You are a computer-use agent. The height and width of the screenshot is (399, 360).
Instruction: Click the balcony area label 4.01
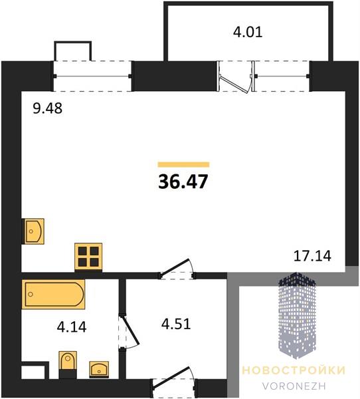248,33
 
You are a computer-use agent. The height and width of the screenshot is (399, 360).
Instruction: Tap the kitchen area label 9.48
48,108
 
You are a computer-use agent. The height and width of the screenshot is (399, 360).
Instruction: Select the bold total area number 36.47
183,182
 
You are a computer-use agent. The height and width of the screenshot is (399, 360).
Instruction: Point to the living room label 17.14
312,256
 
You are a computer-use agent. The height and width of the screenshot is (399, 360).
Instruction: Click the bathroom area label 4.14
72,327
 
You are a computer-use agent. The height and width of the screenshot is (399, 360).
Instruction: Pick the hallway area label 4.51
176,325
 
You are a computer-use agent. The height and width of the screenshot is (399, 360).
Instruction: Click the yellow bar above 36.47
183,164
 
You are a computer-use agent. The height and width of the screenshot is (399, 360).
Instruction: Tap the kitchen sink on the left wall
34,231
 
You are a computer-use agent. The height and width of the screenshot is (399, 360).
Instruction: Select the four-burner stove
88,257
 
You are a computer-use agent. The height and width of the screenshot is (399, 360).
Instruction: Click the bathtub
53,294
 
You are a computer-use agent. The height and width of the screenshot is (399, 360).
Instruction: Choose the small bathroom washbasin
99,370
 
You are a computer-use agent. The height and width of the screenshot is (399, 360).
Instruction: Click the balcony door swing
235,80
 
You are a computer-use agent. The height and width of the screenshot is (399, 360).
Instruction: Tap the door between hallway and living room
177,269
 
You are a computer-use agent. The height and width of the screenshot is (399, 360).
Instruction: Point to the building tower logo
297,315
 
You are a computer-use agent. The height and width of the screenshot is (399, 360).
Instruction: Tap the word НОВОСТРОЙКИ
294,370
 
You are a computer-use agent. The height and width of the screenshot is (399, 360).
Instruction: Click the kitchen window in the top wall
92,76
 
